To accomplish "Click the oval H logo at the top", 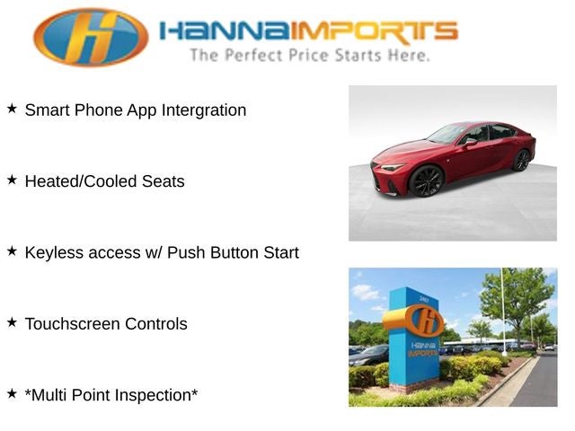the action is pyautogui.click(x=91, y=37).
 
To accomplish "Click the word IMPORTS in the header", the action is pyautogui.click(x=375, y=32).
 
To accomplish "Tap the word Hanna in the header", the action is pyautogui.click(x=226, y=31).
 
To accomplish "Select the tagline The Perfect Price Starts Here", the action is pyautogui.click(x=309, y=56).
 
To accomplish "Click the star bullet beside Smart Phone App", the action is pyautogui.click(x=12, y=109).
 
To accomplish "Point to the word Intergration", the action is pyautogui.click(x=204, y=110).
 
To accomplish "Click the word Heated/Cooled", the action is pyautogui.click(x=81, y=181).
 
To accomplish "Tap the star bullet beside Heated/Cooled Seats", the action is pyautogui.click(x=12, y=180).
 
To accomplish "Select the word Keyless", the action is pyautogui.click(x=54, y=253).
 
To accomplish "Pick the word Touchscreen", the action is pyautogui.click(x=73, y=324).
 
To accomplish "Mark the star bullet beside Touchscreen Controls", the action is pyautogui.click(x=12, y=322).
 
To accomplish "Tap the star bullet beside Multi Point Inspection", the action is pyautogui.click(x=12, y=393).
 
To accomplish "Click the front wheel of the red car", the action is pyautogui.click(x=427, y=181).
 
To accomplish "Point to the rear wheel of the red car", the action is pyautogui.click(x=522, y=161).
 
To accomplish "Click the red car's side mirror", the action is pyautogui.click(x=469, y=142).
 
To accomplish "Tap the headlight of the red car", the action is pyautogui.click(x=393, y=167).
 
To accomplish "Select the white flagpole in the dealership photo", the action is pyautogui.click(x=503, y=312).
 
